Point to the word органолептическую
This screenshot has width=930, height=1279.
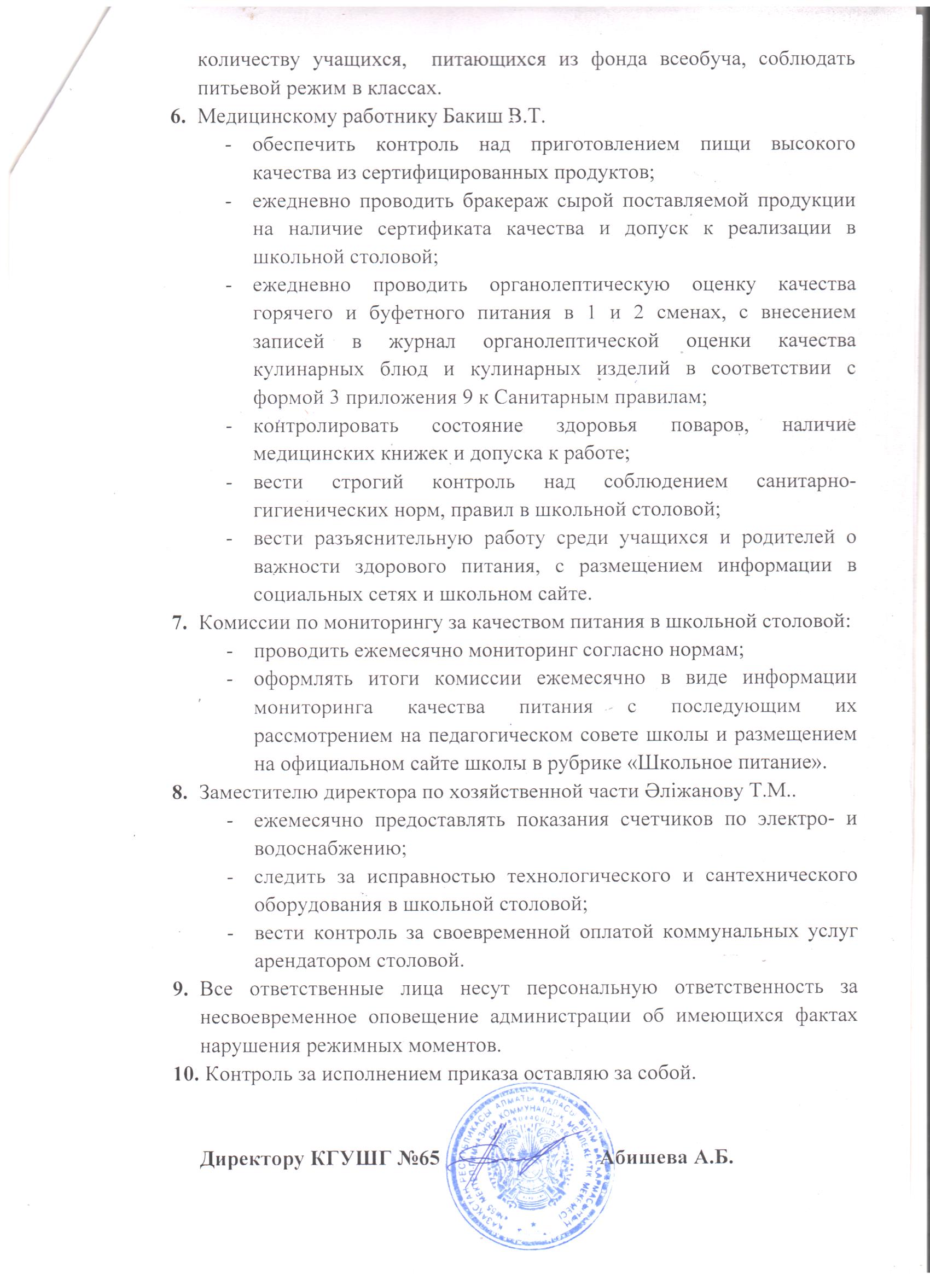(580, 284)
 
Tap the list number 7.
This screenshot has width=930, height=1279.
(179, 623)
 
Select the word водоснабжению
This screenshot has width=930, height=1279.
(330, 848)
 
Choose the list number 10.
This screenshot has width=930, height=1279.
(185, 1072)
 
